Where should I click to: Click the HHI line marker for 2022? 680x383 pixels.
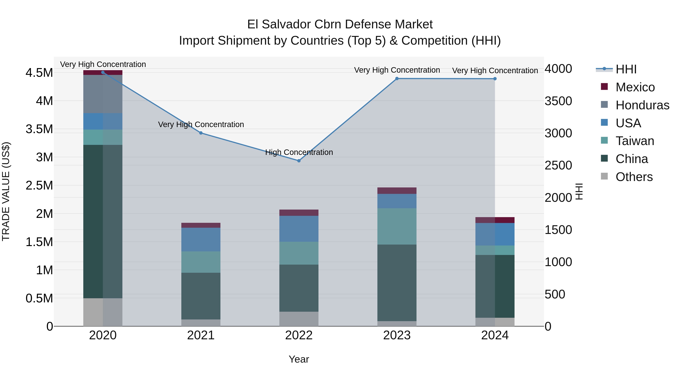(x=299, y=161)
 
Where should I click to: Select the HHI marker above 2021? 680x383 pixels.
(x=201, y=133)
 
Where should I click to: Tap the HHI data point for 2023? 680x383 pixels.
(x=397, y=78)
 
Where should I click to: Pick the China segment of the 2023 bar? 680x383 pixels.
(x=397, y=283)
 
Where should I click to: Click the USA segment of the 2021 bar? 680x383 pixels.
(x=201, y=239)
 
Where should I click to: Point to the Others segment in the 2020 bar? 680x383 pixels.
(x=103, y=312)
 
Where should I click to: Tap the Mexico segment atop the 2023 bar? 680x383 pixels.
(x=397, y=191)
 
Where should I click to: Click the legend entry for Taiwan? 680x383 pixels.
(x=635, y=141)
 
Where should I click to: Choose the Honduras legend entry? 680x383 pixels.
(x=642, y=105)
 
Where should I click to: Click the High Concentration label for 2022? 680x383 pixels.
(x=299, y=152)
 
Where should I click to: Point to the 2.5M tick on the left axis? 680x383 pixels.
(x=39, y=186)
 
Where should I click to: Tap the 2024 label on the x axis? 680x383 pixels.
(x=495, y=335)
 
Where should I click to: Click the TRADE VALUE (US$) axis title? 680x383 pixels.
(x=6, y=191)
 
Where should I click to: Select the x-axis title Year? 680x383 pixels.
(x=299, y=359)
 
